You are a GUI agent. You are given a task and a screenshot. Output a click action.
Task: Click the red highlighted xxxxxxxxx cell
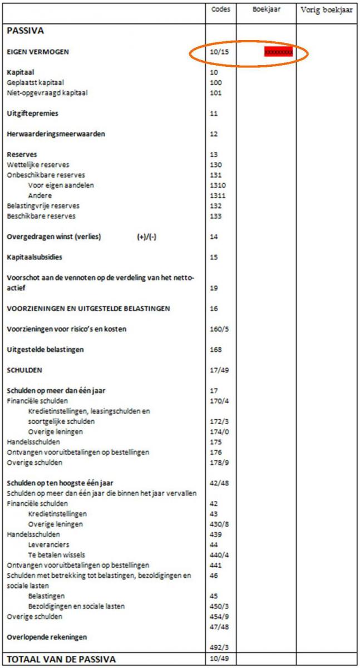[x=278, y=52]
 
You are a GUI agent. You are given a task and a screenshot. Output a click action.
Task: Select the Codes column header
[x=220, y=9]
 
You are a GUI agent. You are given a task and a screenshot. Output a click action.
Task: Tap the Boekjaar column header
[x=266, y=9]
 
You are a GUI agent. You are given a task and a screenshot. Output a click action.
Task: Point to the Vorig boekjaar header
[x=327, y=9]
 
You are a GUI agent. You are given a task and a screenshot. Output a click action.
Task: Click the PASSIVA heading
[x=25, y=31]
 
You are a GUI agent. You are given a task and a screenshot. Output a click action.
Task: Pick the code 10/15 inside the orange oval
[x=220, y=52]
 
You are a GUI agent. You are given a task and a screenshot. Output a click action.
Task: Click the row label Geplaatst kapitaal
[x=34, y=82]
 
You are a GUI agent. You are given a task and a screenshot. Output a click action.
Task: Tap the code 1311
[x=216, y=195]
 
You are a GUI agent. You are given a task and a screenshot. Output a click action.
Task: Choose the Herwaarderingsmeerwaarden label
[x=56, y=134]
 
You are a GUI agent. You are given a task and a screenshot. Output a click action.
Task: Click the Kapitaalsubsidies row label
[x=34, y=258]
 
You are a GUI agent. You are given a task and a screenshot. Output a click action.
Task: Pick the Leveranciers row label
[x=48, y=544]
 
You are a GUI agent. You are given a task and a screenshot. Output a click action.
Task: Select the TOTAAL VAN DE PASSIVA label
[x=61, y=660]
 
